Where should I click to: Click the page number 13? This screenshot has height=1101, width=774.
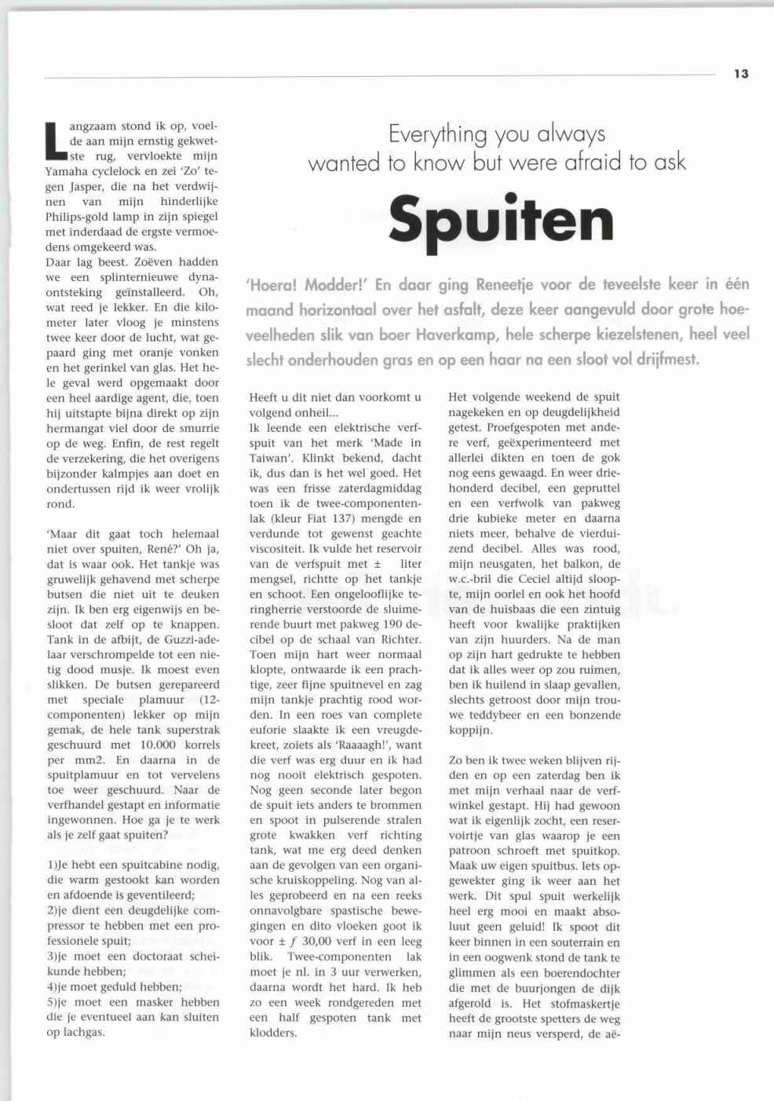[741, 74]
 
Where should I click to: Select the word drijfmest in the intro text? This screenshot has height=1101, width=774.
[663, 360]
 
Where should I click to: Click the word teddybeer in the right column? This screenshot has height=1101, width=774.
[493, 715]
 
